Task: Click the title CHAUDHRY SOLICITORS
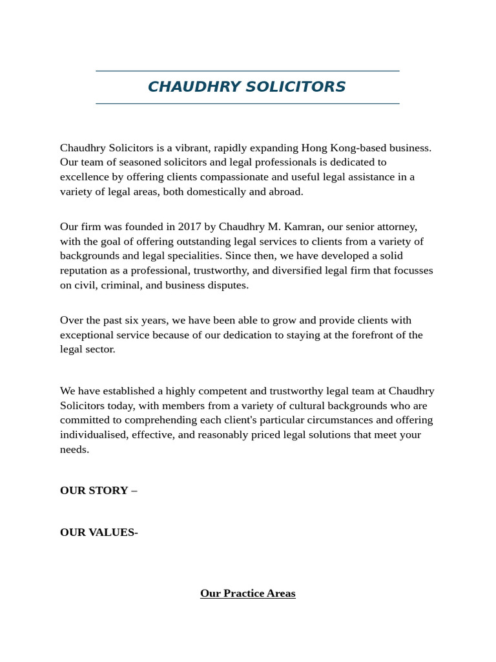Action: [247, 87]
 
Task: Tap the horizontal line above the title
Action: [247, 71]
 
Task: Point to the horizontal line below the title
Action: [247, 103]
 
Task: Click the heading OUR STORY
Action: [94, 490]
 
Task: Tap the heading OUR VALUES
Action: [98, 532]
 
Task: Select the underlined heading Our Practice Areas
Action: [247, 593]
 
